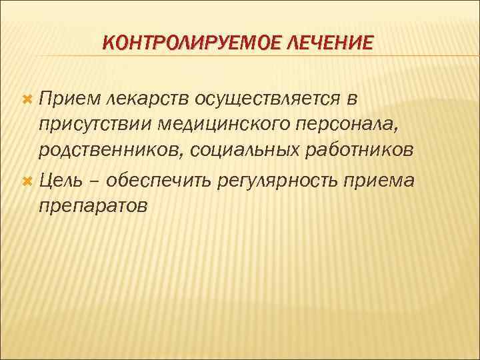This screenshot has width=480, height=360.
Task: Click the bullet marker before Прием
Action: pyautogui.click(x=27, y=99)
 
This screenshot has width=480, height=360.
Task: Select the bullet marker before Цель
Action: pyautogui.click(x=27, y=180)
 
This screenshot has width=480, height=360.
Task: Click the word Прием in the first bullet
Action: pyautogui.click(x=67, y=99)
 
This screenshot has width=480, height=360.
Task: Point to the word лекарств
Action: pyautogui.click(x=146, y=99)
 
